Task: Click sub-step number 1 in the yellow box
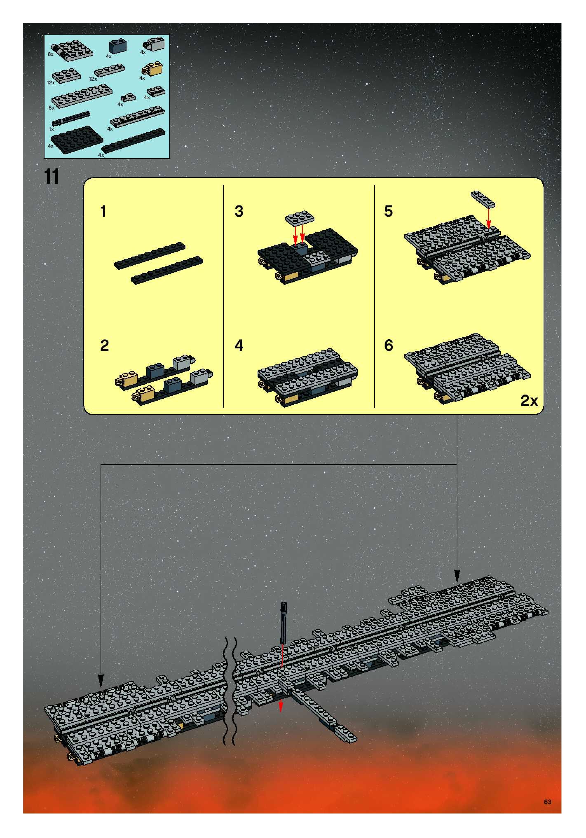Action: click(103, 211)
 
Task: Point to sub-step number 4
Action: click(239, 345)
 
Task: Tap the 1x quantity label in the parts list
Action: click(52, 129)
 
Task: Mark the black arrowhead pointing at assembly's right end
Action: click(457, 576)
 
